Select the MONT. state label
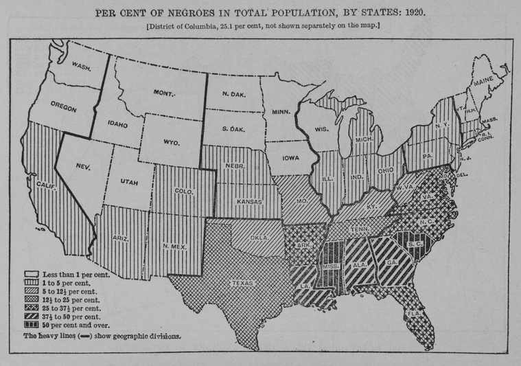click(164, 92)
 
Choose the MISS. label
click(332, 265)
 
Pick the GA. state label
click(392, 261)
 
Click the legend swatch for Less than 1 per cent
click(30, 274)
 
